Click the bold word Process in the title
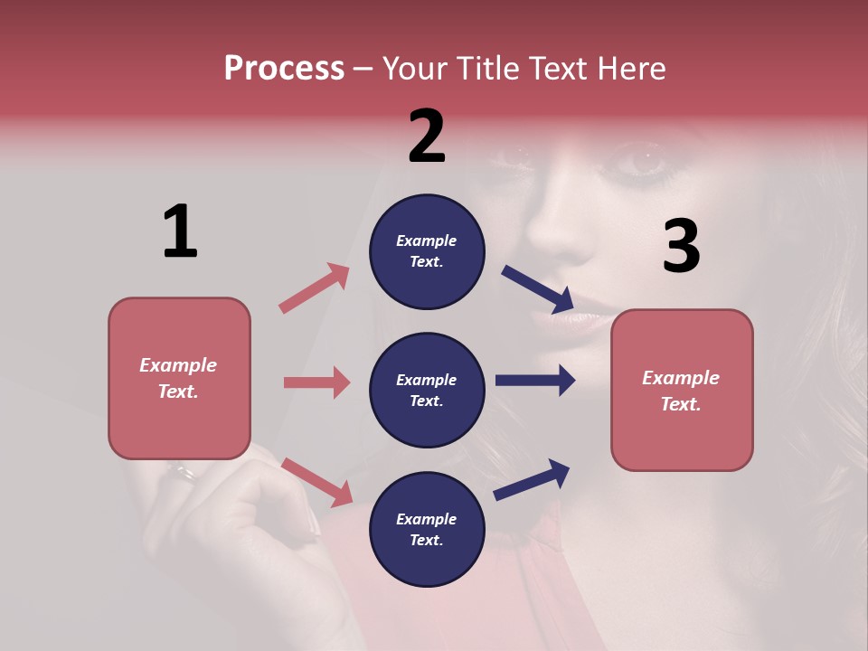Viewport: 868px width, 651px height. (284, 69)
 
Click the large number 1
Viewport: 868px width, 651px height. (180, 231)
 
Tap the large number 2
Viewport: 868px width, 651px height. (427, 137)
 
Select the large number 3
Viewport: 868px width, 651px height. (681, 247)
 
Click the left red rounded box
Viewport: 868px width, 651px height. (179, 378)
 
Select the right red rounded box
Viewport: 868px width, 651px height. (682, 391)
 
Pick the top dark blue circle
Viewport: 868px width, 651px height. (427, 251)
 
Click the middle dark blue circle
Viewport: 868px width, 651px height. (427, 391)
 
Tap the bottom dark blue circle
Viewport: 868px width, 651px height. (427, 529)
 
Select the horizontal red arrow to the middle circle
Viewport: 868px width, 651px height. (316, 382)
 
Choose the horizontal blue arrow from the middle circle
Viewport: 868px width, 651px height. (535, 380)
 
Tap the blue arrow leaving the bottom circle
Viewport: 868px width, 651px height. (532, 480)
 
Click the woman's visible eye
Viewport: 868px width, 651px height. (645, 162)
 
